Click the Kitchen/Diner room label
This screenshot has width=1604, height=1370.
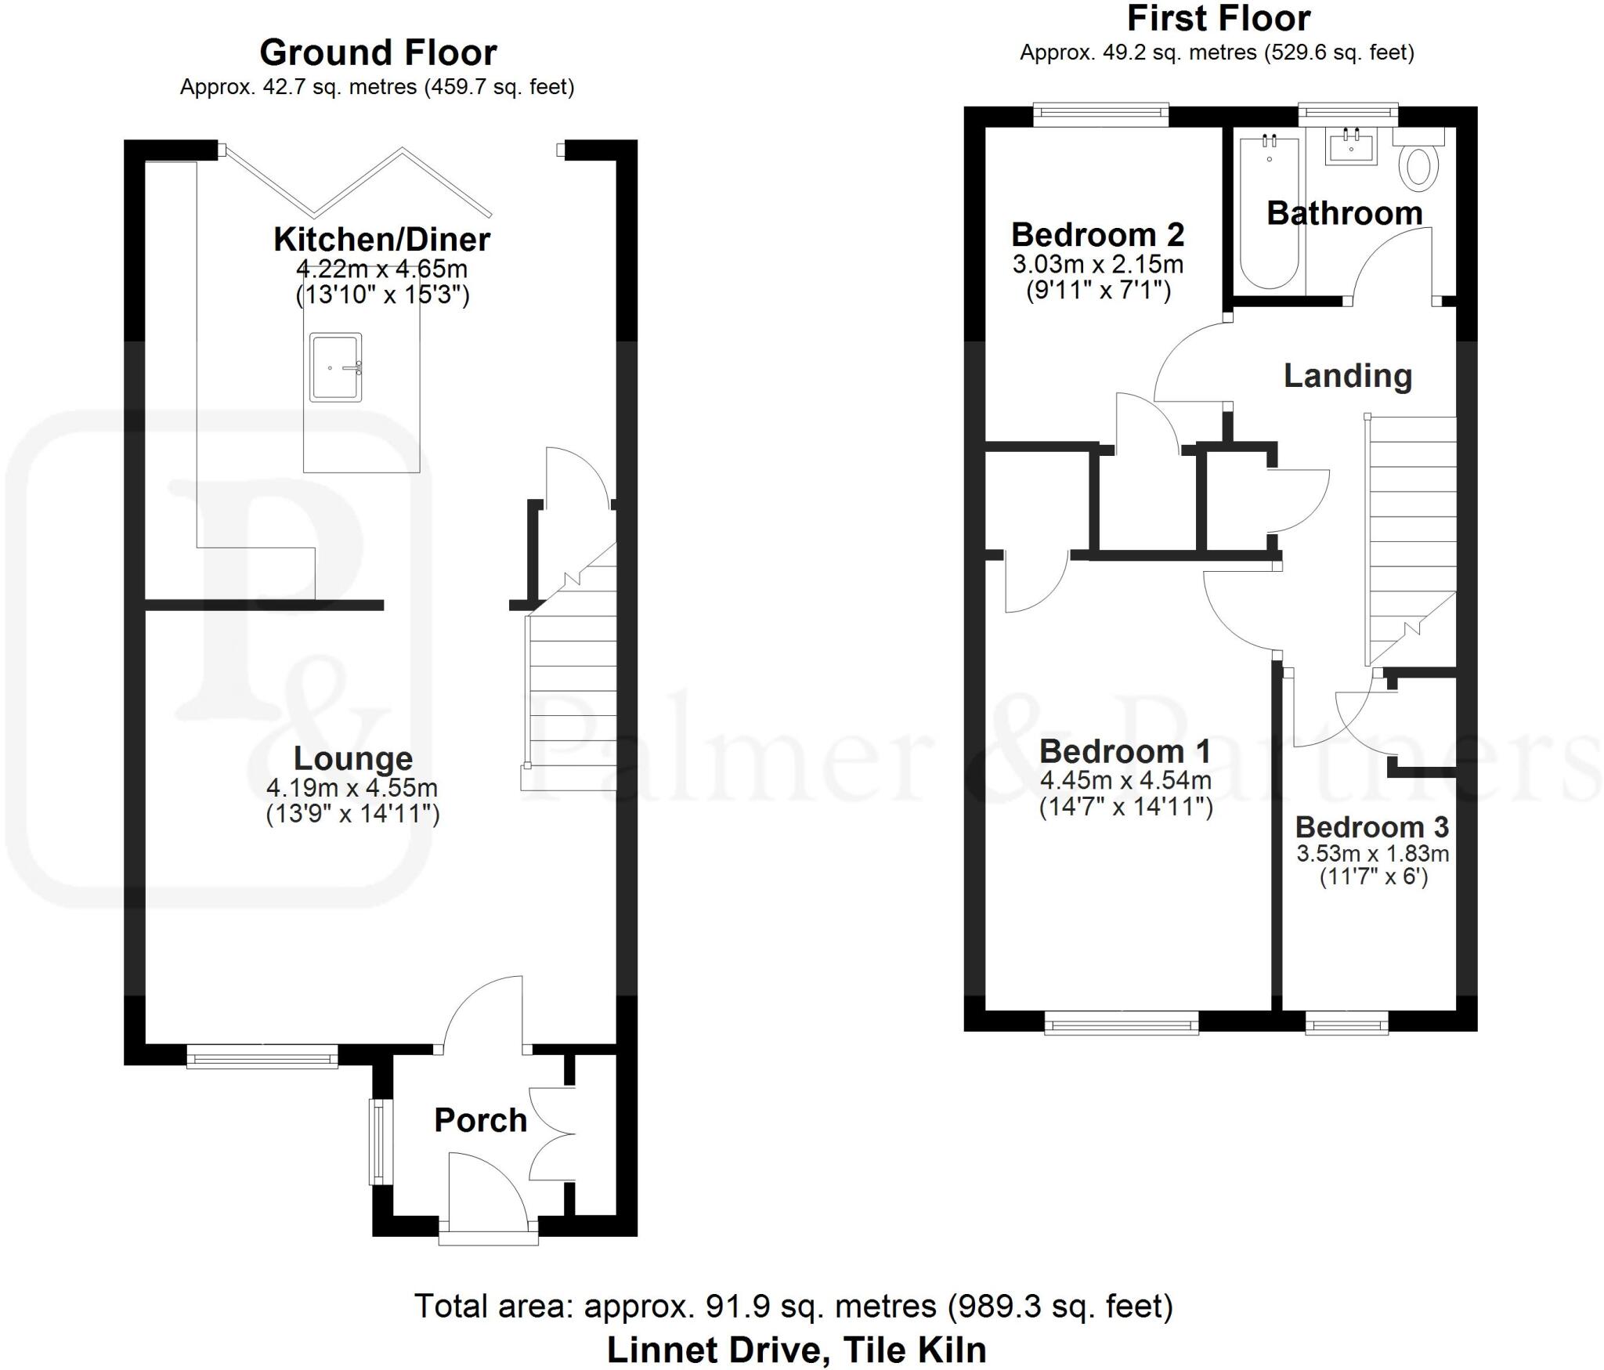pyautogui.click(x=381, y=240)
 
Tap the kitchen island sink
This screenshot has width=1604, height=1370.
pyautogui.click(x=336, y=367)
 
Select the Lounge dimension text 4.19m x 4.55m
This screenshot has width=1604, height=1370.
pyautogui.click(x=352, y=787)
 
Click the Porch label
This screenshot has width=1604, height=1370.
pyautogui.click(x=480, y=1120)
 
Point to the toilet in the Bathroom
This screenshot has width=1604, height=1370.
pyautogui.click(x=1419, y=163)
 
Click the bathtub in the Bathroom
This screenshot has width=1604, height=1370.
pyautogui.click(x=1269, y=211)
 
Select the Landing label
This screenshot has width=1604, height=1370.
pyautogui.click(x=1347, y=376)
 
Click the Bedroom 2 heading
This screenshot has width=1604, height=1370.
pyautogui.click(x=1097, y=235)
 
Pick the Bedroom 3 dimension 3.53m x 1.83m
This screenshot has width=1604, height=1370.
pyautogui.click(x=1372, y=853)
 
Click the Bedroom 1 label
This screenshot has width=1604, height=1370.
pyautogui.click(x=1125, y=751)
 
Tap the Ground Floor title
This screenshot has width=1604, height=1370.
pyautogui.click(x=378, y=53)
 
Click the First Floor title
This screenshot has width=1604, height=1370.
pyautogui.click(x=1218, y=19)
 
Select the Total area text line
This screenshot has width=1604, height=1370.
pyautogui.click(x=793, y=1306)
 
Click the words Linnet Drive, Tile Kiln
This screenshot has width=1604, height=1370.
pyautogui.click(x=797, y=1350)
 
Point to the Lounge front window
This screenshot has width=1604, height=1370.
pyautogui.click(x=262, y=1058)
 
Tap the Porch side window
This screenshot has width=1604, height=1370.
pyautogui.click(x=378, y=1142)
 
